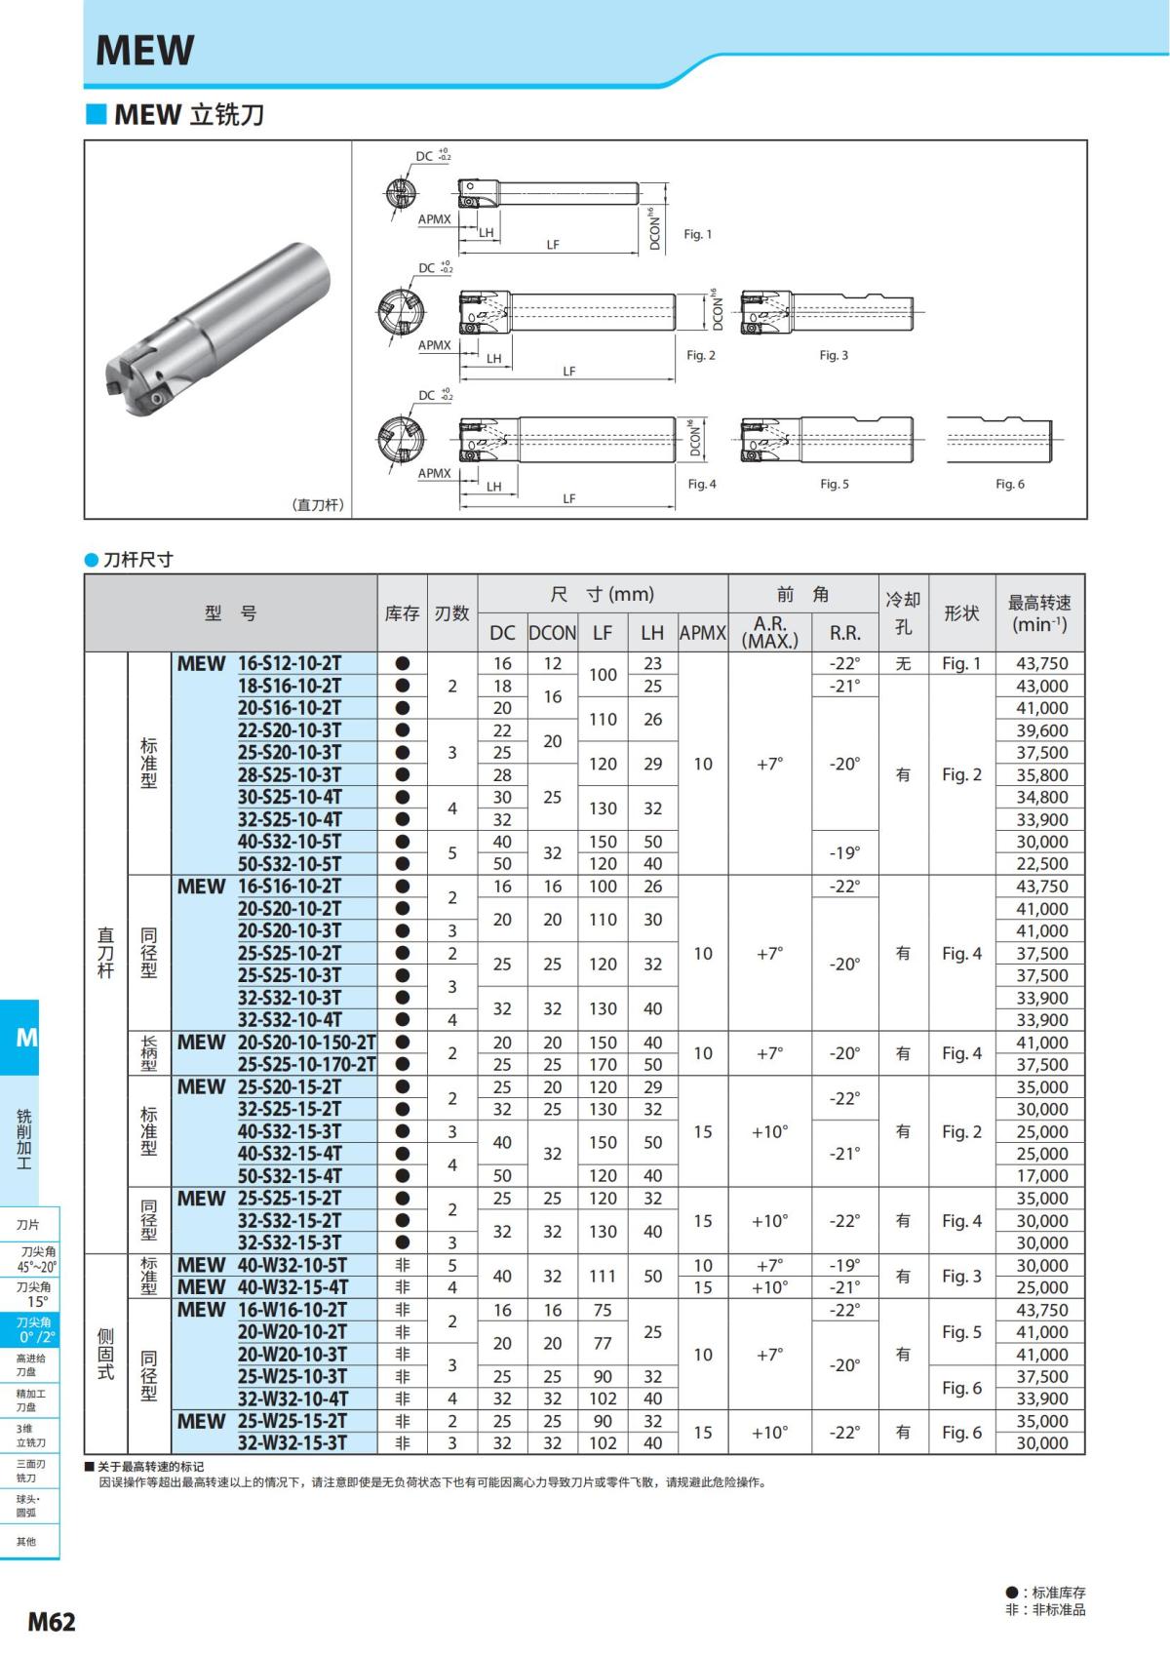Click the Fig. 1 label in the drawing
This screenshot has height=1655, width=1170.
[697, 234]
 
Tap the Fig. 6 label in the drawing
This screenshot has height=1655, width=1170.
[1009, 484]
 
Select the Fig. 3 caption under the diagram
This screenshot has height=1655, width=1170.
[833, 355]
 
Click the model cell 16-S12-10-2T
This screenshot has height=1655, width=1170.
[290, 663]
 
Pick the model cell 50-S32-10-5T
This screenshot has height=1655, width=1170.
[290, 864]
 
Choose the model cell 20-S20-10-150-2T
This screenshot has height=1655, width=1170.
[306, 1043]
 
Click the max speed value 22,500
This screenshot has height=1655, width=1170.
[1041, 864]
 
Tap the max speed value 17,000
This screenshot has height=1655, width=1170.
[1041, 1176]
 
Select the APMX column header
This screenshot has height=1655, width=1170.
[702, 633]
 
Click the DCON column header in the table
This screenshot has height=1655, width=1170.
[552, 633]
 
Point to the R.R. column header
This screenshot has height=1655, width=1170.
[844, 633]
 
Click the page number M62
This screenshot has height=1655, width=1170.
[51, 1622]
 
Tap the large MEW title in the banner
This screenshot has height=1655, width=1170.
[145, 50]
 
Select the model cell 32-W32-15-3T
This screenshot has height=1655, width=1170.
[292, 1443]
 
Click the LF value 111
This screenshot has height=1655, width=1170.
[603, 1276]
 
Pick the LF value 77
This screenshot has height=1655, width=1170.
[603, 1343]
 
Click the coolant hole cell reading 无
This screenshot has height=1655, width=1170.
[903, 663]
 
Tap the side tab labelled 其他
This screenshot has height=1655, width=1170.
[26, 1541]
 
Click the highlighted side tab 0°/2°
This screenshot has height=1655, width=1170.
[36, 1330]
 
